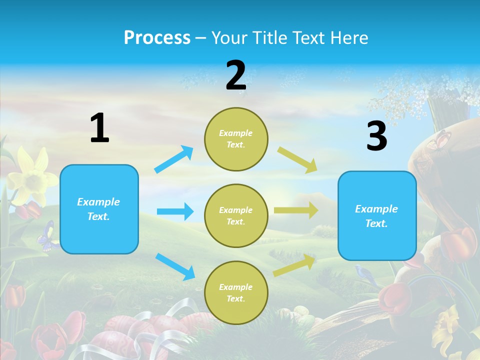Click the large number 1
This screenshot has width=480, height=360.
click(99, 128)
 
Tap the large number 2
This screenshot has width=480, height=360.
click(236, 75)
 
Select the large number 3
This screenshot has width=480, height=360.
click(376, 136)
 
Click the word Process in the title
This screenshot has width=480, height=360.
click(157, 37)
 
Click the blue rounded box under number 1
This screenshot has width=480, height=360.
click(99, 209)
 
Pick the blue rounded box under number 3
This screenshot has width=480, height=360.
click(377, 215)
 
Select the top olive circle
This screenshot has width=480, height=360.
click(236, 138)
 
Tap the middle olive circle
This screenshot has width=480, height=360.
click(236, 215)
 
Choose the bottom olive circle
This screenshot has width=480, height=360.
click(236, 292)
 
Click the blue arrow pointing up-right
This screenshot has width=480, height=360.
click(174, 159)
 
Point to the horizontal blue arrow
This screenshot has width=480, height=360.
click(175, 211)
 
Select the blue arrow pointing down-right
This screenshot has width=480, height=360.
click(175, 266)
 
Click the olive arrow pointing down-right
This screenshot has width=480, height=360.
click(297, 159)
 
